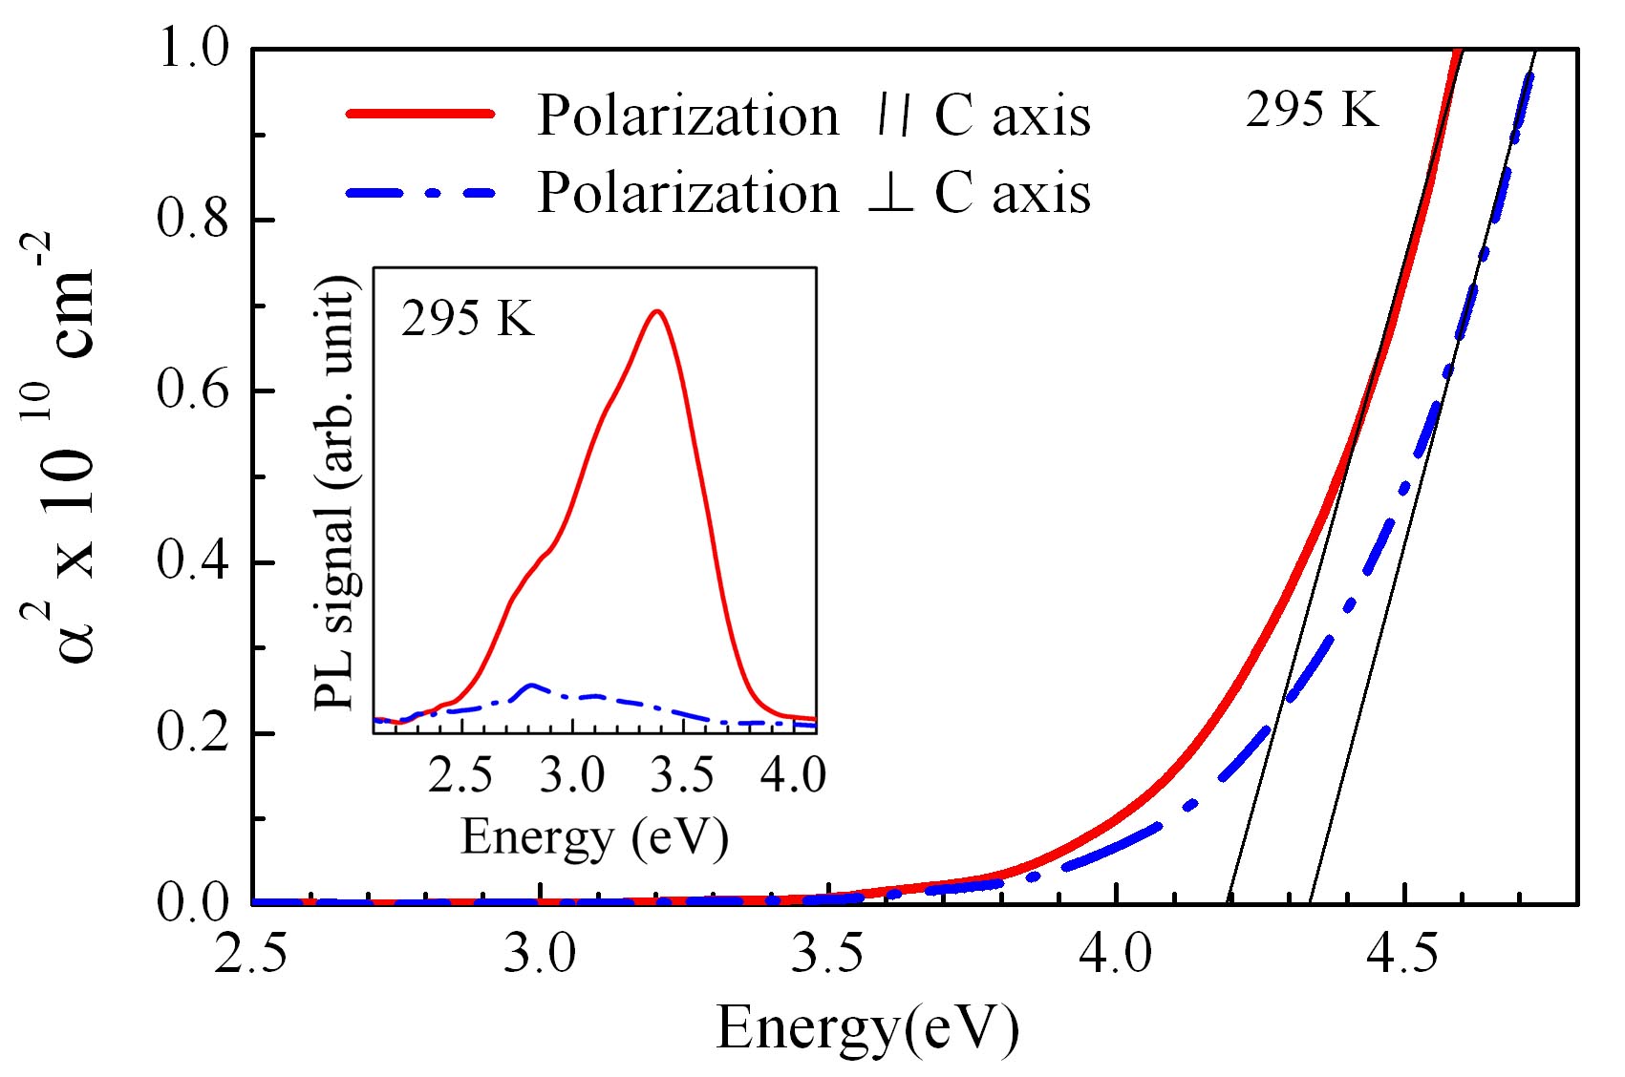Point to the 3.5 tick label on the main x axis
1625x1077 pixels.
(827, 955)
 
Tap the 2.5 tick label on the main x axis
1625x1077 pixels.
(251, 955)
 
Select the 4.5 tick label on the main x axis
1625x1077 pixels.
(1403, 955)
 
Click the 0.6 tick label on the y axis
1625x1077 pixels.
(194, 391)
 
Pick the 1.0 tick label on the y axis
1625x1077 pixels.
(194, 49)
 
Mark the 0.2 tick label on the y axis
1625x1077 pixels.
(194, 733)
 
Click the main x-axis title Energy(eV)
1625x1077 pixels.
(867, 1029)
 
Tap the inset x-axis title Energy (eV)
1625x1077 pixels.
(594, 837)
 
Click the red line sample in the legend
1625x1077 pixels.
(420, 114)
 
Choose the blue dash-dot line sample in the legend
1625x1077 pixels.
(420, 192)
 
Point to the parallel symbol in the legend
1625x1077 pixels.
(890, 116)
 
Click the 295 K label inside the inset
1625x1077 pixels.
(467, 318)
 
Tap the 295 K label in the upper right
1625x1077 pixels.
(1312, 111)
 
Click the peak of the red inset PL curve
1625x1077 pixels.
(656, 311)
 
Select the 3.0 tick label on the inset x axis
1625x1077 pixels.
(572, 775)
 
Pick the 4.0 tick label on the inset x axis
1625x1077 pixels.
(793, 775)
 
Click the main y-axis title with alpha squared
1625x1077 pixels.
(67, 449)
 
